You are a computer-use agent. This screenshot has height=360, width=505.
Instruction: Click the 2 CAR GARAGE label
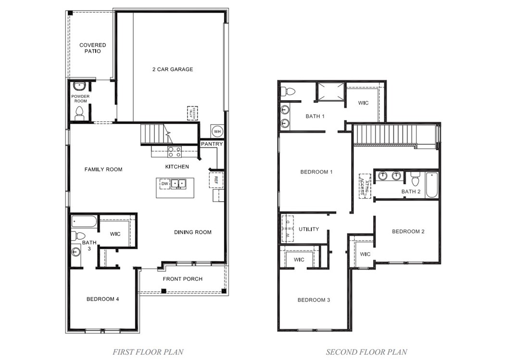173,69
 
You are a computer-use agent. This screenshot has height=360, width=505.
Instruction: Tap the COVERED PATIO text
93,48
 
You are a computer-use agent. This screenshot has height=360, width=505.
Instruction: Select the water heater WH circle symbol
217,131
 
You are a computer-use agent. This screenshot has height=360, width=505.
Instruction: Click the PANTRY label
212,144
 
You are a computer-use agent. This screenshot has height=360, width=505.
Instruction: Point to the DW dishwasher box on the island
164,184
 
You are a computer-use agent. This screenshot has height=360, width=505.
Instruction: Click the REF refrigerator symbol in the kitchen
216,180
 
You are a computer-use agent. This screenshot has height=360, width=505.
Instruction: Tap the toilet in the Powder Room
79,114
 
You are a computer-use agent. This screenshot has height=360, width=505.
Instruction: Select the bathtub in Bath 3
84,222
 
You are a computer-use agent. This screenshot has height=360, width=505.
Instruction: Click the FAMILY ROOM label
103,169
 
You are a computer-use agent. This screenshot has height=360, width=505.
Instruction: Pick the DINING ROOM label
193,232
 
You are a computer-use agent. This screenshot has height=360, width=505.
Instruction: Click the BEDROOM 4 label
103,299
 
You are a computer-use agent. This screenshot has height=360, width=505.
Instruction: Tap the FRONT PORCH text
182,279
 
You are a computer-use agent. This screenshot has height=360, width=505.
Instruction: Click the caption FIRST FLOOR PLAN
148,352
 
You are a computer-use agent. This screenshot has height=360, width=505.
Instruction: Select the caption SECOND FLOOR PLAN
366,352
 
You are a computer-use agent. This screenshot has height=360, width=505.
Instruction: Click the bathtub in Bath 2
431,185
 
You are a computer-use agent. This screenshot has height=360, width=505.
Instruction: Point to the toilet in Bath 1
289,91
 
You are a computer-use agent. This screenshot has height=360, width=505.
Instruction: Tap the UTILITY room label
309,229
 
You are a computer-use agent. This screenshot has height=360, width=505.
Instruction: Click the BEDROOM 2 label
408,231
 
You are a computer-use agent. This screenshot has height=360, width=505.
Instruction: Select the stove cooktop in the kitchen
174,152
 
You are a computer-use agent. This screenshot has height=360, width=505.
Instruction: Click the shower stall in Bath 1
330,92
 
